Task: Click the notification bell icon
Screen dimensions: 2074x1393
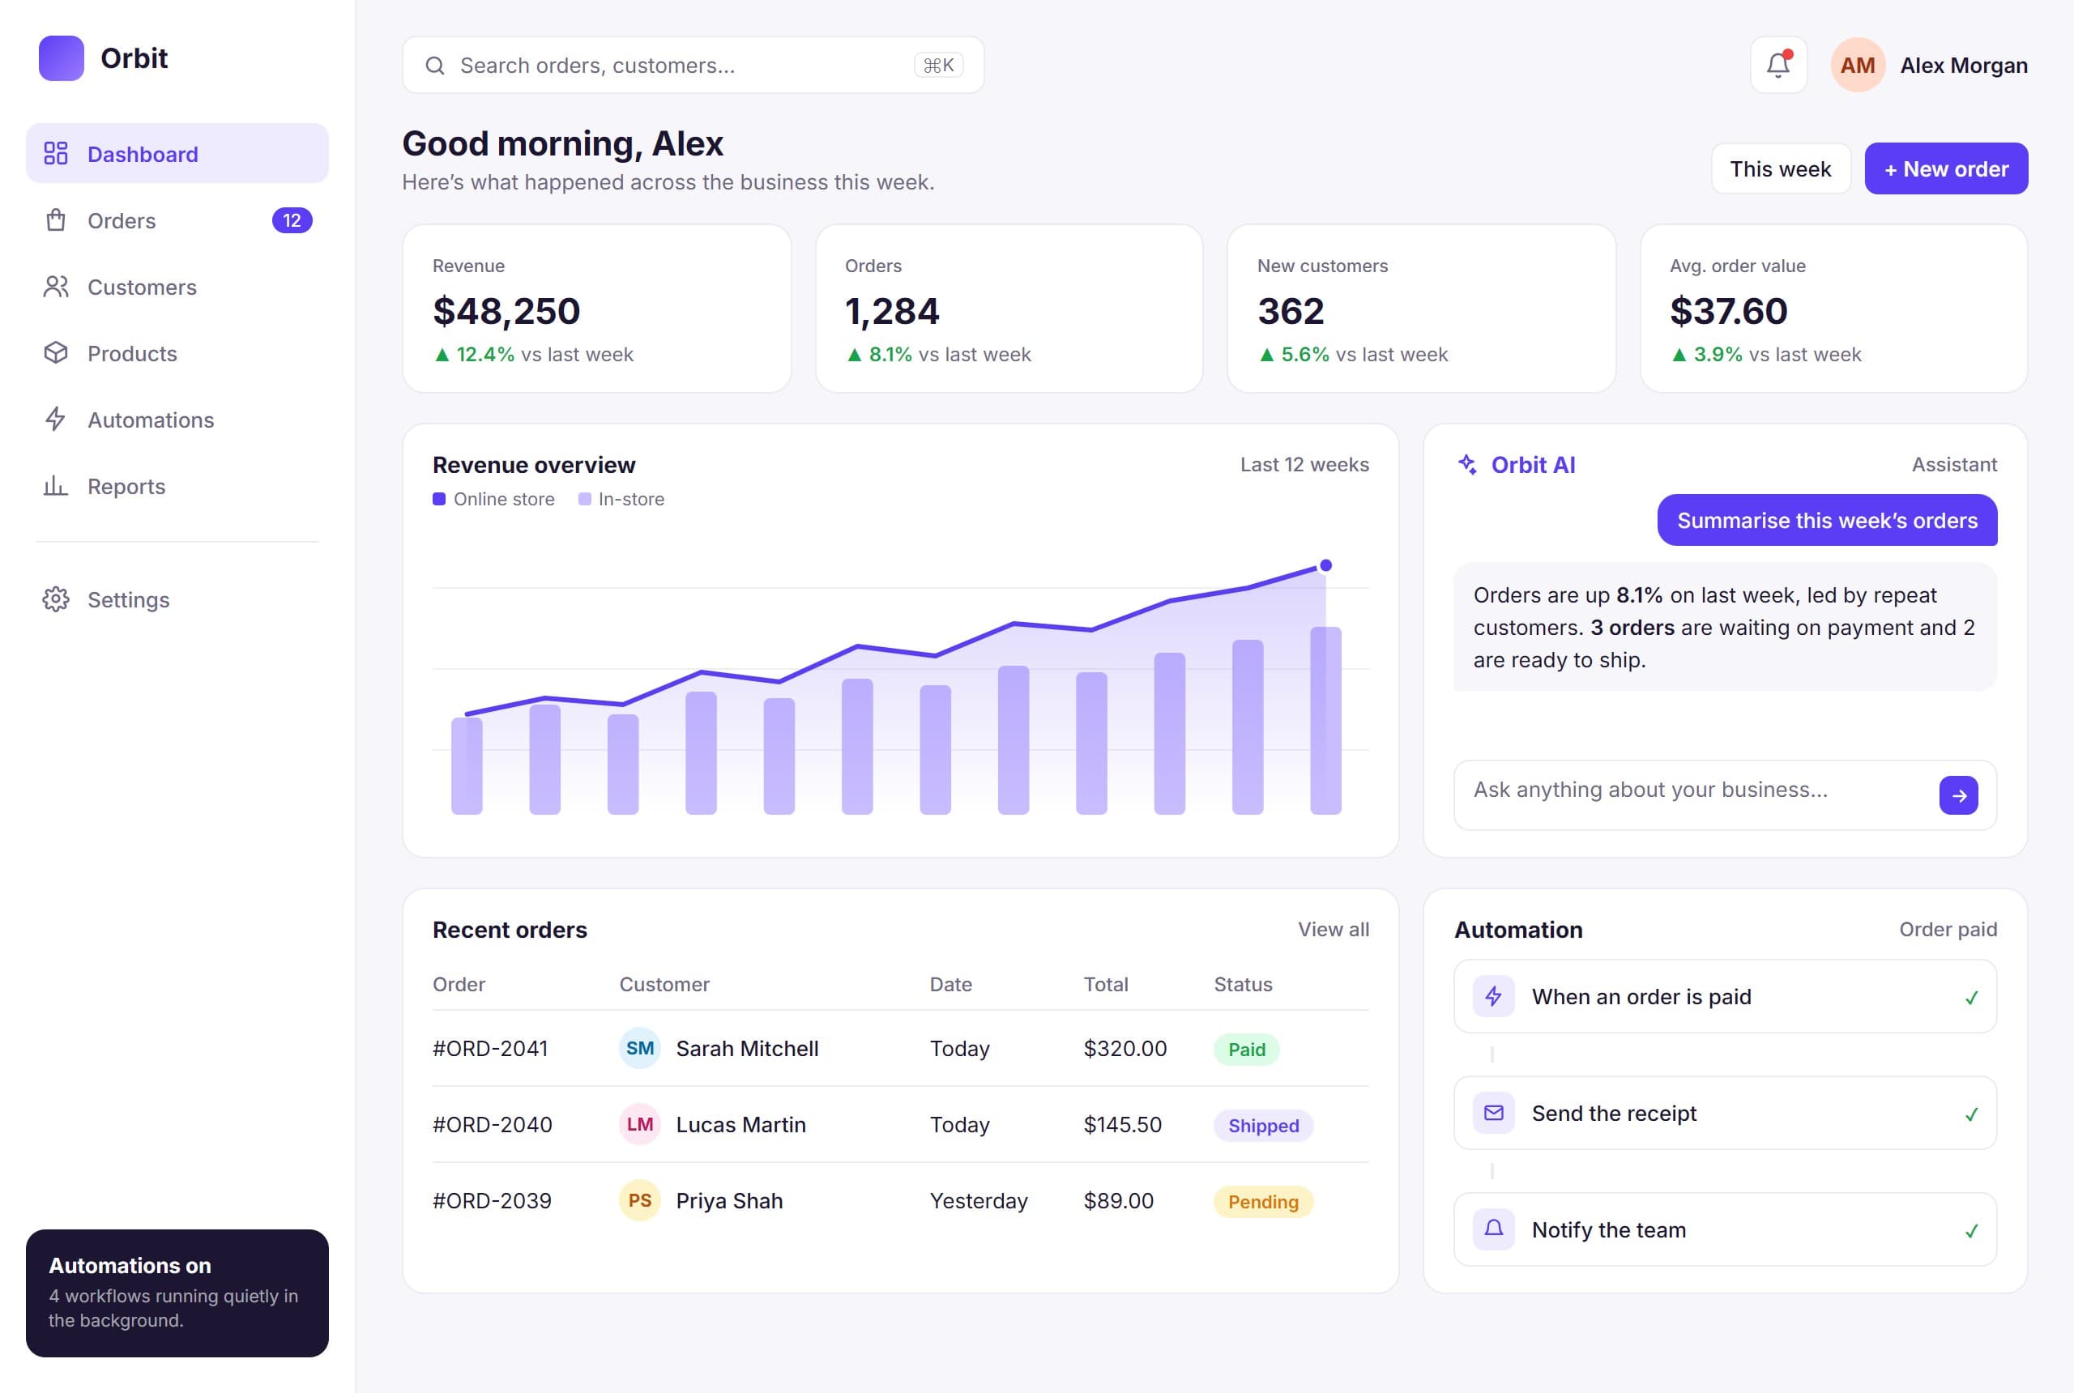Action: coord(1777,65)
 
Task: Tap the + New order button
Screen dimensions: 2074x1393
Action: coord(1945,168)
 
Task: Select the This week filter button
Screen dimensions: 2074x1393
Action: coord(1780,168)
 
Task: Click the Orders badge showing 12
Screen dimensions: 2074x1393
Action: coord(292,220)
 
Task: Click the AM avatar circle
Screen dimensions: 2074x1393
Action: coord(1857,65)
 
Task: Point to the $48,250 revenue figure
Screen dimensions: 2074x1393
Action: coord(506,311)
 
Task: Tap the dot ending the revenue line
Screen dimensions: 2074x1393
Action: coord(1325,565)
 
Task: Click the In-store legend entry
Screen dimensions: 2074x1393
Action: coord(621,499)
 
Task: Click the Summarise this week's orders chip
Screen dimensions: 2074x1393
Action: coord(1826,520)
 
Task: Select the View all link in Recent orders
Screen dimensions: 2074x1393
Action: coord(1333,929)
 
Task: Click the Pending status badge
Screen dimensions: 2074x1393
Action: coord(1263,1202)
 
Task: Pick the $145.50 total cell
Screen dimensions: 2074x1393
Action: coord(1122,1125)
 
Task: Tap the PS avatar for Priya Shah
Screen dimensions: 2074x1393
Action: coord(640,1200)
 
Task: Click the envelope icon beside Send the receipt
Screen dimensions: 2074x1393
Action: coord(1493,1113)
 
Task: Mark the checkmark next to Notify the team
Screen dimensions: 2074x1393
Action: coord(1971,1230)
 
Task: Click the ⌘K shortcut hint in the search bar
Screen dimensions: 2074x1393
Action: coord(938,65)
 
